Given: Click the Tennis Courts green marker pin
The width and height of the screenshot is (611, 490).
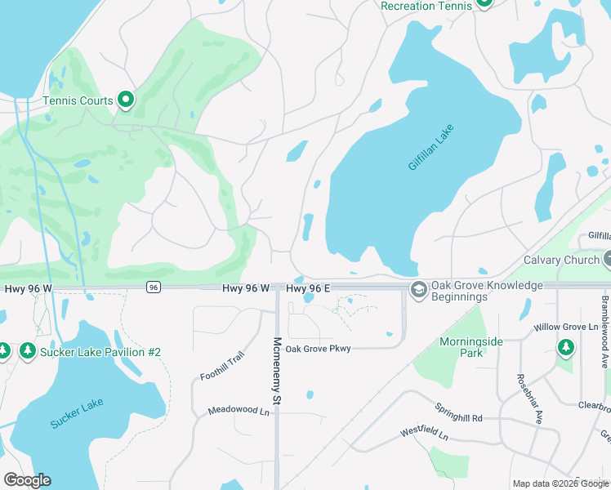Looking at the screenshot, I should click(x=126, y=100).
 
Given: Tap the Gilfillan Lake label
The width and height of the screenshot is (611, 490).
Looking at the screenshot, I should click(x=430, y=147).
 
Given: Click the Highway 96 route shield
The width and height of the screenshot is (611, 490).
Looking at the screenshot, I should click(x=153, y=287).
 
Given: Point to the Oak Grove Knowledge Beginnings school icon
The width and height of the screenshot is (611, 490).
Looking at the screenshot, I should click(x=419, y=290).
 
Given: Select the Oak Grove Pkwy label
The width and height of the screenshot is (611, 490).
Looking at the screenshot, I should click(x=318, y=349).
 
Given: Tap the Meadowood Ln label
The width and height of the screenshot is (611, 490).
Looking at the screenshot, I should click(x=238, y=411).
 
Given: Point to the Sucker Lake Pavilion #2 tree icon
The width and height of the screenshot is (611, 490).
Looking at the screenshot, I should click(x=27, y=350).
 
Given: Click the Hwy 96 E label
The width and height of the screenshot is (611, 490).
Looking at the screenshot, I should click(x=308, y=288).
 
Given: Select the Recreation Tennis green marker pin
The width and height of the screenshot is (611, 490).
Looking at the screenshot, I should click(x=484, y=3).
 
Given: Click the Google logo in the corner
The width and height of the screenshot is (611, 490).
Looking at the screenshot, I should click(x=27, y=479).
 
